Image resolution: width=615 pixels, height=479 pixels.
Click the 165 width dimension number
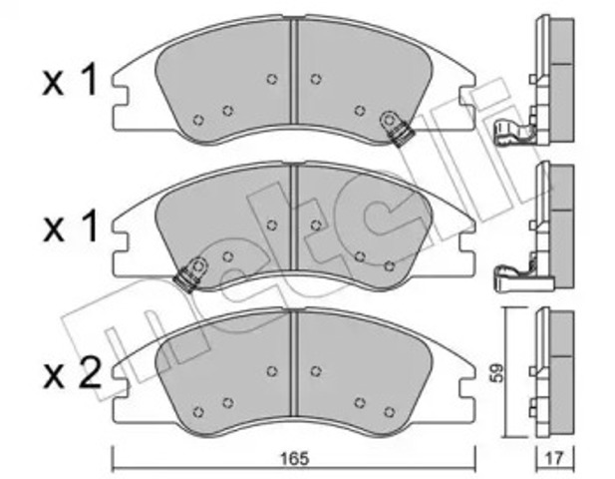click(295, 458)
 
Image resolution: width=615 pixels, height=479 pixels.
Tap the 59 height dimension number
click(496, 372)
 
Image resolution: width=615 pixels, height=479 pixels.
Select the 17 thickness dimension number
click(554, 458)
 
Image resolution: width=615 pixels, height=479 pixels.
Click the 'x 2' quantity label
click(72, 374)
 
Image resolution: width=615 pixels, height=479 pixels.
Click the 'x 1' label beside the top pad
click(70, 81)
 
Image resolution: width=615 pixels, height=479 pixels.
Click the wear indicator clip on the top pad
click(396, 129)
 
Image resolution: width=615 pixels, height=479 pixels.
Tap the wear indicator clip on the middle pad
click(191, 274)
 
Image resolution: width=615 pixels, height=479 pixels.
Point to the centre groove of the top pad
click(294, 71)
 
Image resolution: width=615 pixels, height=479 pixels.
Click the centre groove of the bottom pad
click(294, 363)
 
